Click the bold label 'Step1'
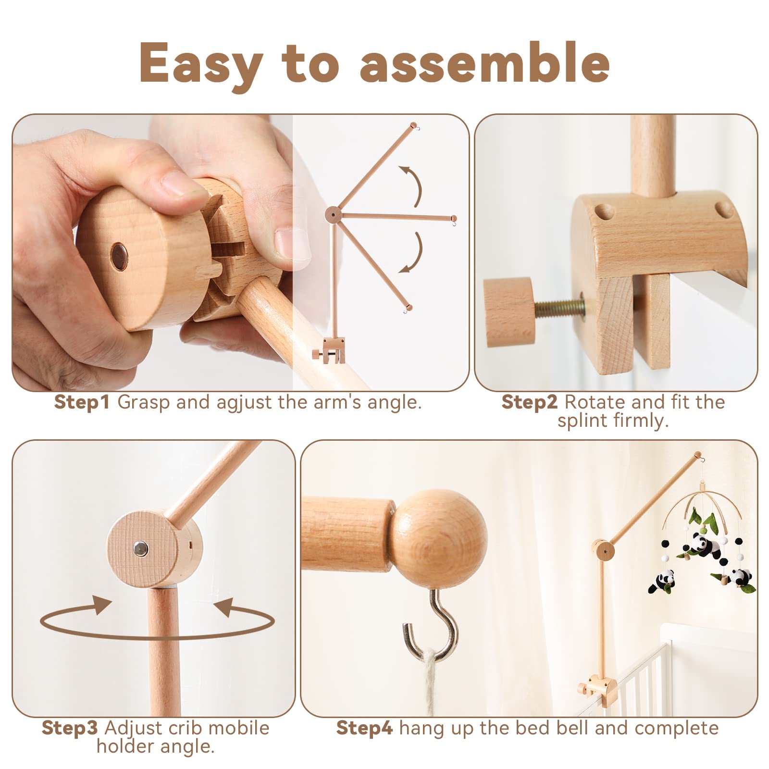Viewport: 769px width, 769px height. tap(82, 402)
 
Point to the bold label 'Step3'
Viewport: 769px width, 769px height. tap(70, 728)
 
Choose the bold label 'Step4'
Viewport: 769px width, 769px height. tap(364, 728)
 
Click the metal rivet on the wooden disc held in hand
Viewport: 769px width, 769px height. tap(119, 250)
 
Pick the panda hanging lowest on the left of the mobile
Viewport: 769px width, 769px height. tap(662, 581)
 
